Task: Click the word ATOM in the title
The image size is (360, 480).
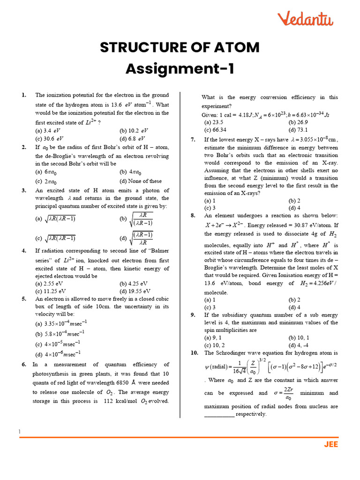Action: point(236,47)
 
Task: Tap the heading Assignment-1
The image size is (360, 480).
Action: point(180,69)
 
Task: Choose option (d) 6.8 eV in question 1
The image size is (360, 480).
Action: point(132,139)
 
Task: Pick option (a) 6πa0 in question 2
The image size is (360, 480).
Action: point(46,172)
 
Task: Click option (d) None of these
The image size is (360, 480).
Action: point(141,181)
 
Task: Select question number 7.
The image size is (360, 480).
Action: point(193,140)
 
